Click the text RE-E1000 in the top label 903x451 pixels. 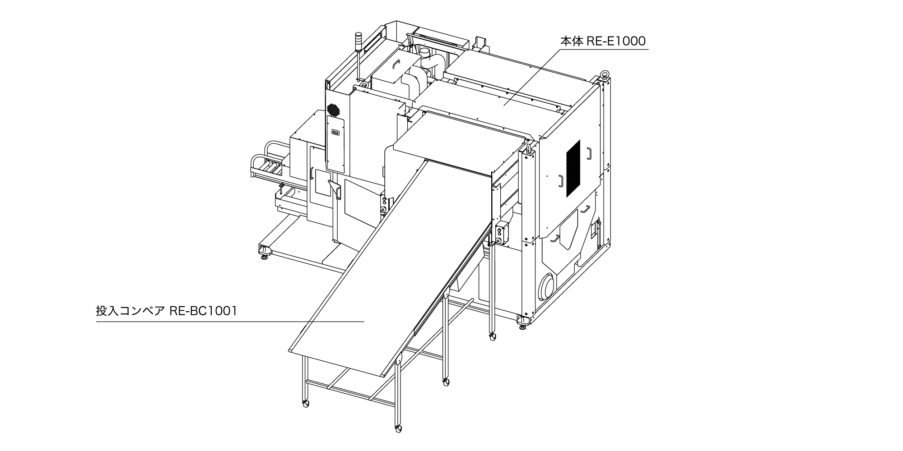pos(616,41)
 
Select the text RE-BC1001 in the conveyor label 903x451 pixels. pos(203,311)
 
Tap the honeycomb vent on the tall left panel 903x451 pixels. pos(333,110)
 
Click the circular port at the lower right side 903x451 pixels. pos(547,286)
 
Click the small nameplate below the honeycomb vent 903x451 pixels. pos(335,132)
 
